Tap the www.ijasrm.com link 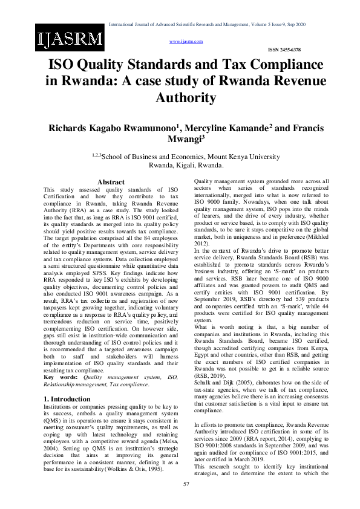point(186,41)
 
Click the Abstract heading point(111,182)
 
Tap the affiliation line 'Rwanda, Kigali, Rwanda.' point(186,164)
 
